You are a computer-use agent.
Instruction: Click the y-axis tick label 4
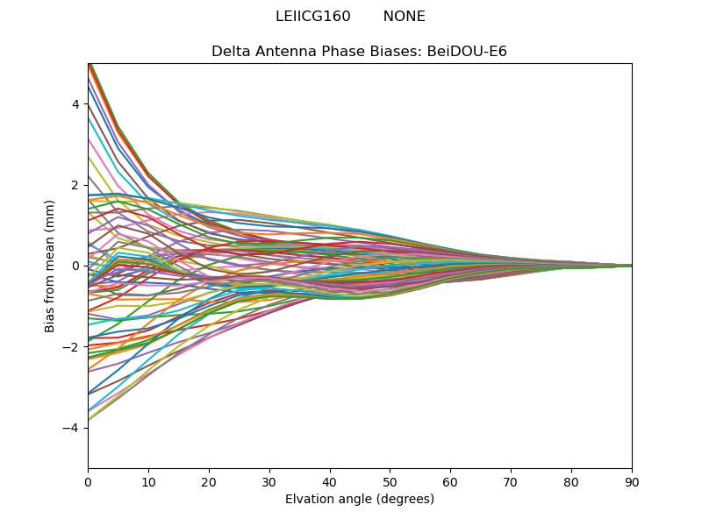75,103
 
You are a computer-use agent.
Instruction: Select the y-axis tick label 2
75,185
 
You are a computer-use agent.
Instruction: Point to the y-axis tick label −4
72,428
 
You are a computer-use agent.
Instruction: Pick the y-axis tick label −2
72,347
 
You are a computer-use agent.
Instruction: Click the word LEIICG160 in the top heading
312,17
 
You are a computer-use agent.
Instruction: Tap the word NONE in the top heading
404,17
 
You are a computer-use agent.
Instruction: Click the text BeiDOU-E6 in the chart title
467,52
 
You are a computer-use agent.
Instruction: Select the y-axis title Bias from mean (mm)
51,266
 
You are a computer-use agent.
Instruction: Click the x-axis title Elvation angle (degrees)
360,500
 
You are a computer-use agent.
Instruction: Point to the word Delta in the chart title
230,52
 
